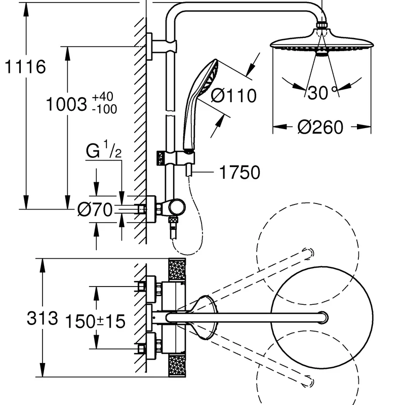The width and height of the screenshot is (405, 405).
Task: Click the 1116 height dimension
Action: (25, 67)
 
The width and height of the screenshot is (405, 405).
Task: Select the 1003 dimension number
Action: (66, 104)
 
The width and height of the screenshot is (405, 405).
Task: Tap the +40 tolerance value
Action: (103, 97)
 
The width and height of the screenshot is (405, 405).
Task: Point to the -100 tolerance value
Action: (105, 109)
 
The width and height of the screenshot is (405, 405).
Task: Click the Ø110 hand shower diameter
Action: (234, 96)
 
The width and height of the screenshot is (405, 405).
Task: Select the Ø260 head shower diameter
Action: (320, 127)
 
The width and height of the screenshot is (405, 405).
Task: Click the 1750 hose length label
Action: (239, 172)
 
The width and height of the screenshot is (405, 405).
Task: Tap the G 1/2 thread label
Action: (104, 149)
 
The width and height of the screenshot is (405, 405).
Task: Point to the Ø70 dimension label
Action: (95, 209)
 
